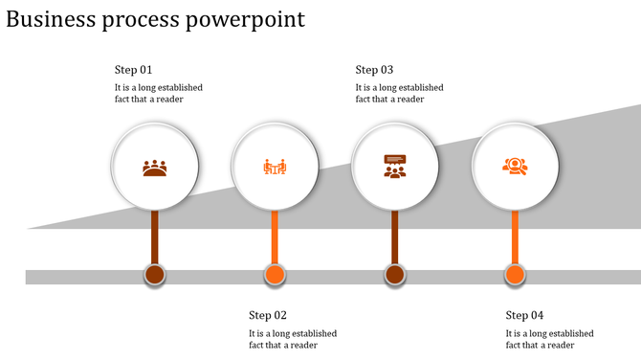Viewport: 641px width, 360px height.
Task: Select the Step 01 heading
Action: tap(133, 70)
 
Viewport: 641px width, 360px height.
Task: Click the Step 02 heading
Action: tap(268, 315)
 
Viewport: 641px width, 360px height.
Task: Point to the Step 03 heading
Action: tap(374, 70)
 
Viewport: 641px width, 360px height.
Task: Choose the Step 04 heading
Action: tap(524, 315)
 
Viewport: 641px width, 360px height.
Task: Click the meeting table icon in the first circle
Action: tap(155, 168)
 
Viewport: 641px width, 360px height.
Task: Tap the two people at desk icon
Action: tap(275, 168)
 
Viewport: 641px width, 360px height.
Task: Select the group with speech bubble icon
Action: tap(394, 167)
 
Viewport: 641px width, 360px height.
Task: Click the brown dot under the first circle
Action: tap(155, 276)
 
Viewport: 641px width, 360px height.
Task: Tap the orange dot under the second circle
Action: tap(275, 276)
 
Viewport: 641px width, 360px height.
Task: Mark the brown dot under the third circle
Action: tap(394, 276)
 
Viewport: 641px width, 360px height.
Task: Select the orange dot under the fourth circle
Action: tap(515, 276)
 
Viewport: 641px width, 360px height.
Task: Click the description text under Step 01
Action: tap(158, 93)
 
